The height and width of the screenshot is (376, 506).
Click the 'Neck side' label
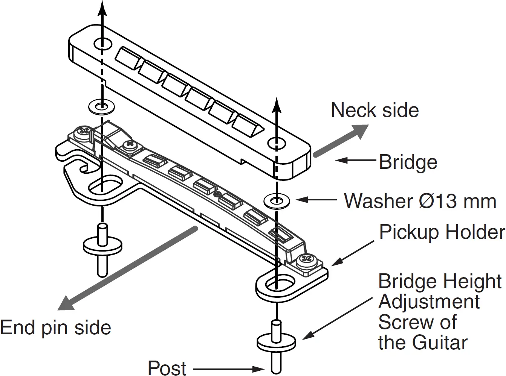(375, 110)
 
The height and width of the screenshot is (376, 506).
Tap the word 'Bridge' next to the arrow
(408, 162)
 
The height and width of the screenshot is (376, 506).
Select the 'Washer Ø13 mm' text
(420, 201)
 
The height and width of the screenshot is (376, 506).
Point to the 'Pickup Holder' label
(442, 232)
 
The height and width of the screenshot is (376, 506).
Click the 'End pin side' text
(56, 327)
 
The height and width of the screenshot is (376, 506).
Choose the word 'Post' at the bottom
(167, 368)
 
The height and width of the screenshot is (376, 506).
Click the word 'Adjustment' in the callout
(429, 302)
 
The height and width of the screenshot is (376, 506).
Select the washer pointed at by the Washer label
(277, 201)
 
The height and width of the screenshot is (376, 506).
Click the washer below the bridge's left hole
(101, 107)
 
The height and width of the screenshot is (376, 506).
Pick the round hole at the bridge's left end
(102, 44)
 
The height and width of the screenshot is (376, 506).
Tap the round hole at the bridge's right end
(277, 143)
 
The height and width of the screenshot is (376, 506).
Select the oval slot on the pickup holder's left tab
(106, 185)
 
